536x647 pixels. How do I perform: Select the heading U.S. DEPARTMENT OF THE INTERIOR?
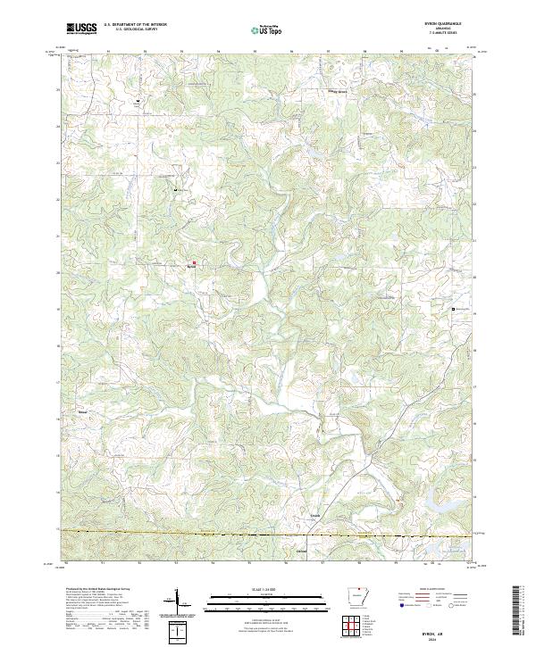tap(135, 25)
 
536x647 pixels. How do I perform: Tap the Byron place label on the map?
tap(191, 267)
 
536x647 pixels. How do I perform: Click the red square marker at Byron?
tap(194, 262)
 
